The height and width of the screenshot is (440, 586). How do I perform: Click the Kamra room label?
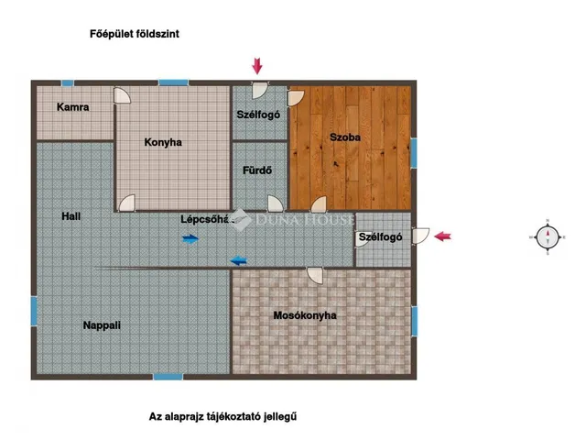72,107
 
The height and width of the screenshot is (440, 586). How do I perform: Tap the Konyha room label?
163,142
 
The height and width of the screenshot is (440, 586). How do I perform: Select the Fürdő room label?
255,170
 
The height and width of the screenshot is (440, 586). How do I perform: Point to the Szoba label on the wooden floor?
345,137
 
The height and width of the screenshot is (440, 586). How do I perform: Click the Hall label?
71,216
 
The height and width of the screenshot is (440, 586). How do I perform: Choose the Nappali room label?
102,324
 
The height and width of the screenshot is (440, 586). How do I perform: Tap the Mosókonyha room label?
305,315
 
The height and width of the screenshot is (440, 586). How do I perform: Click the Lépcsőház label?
203,219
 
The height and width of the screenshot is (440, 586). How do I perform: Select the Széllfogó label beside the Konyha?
257,115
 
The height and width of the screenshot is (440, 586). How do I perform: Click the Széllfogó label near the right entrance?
380,236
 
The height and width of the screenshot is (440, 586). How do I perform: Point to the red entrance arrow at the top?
257,65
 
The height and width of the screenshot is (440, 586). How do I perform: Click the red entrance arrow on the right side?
442,236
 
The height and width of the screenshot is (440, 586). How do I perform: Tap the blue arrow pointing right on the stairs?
190,239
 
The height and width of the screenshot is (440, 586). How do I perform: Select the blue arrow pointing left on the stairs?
238,260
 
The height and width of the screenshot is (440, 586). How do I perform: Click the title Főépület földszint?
134,34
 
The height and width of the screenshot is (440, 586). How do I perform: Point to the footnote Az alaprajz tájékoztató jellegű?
223,416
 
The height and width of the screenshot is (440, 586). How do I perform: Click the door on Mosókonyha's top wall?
315,274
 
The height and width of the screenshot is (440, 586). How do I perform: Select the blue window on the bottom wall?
168,376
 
